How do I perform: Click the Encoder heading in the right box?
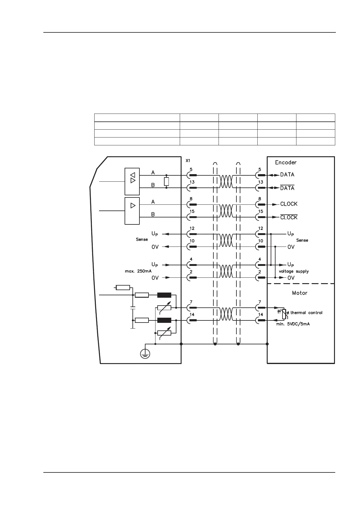coord(286,162)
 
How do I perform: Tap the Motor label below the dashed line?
coord(299,293)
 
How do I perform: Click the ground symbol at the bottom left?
coord(145,353)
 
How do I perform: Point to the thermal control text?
coord(306,313)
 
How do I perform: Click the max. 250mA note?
coord(138,271)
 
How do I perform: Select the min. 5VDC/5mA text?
coord(292,324)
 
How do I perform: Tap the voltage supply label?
coord(294,271)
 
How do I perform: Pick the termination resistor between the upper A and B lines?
coord(166,181)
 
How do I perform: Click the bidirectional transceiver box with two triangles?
coord(132,181)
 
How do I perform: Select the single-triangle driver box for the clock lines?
coord(132,211)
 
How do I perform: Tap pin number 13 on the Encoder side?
coord(261,182)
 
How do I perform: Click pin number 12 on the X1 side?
coord(192,228)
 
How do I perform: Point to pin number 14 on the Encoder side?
coord(261,314)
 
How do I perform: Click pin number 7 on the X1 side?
coord(191,302)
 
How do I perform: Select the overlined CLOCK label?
coord(289,217)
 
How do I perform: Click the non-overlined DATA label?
coord(287,174)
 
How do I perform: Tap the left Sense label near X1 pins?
coord(142,239)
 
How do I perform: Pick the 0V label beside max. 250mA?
coord(155,278)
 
